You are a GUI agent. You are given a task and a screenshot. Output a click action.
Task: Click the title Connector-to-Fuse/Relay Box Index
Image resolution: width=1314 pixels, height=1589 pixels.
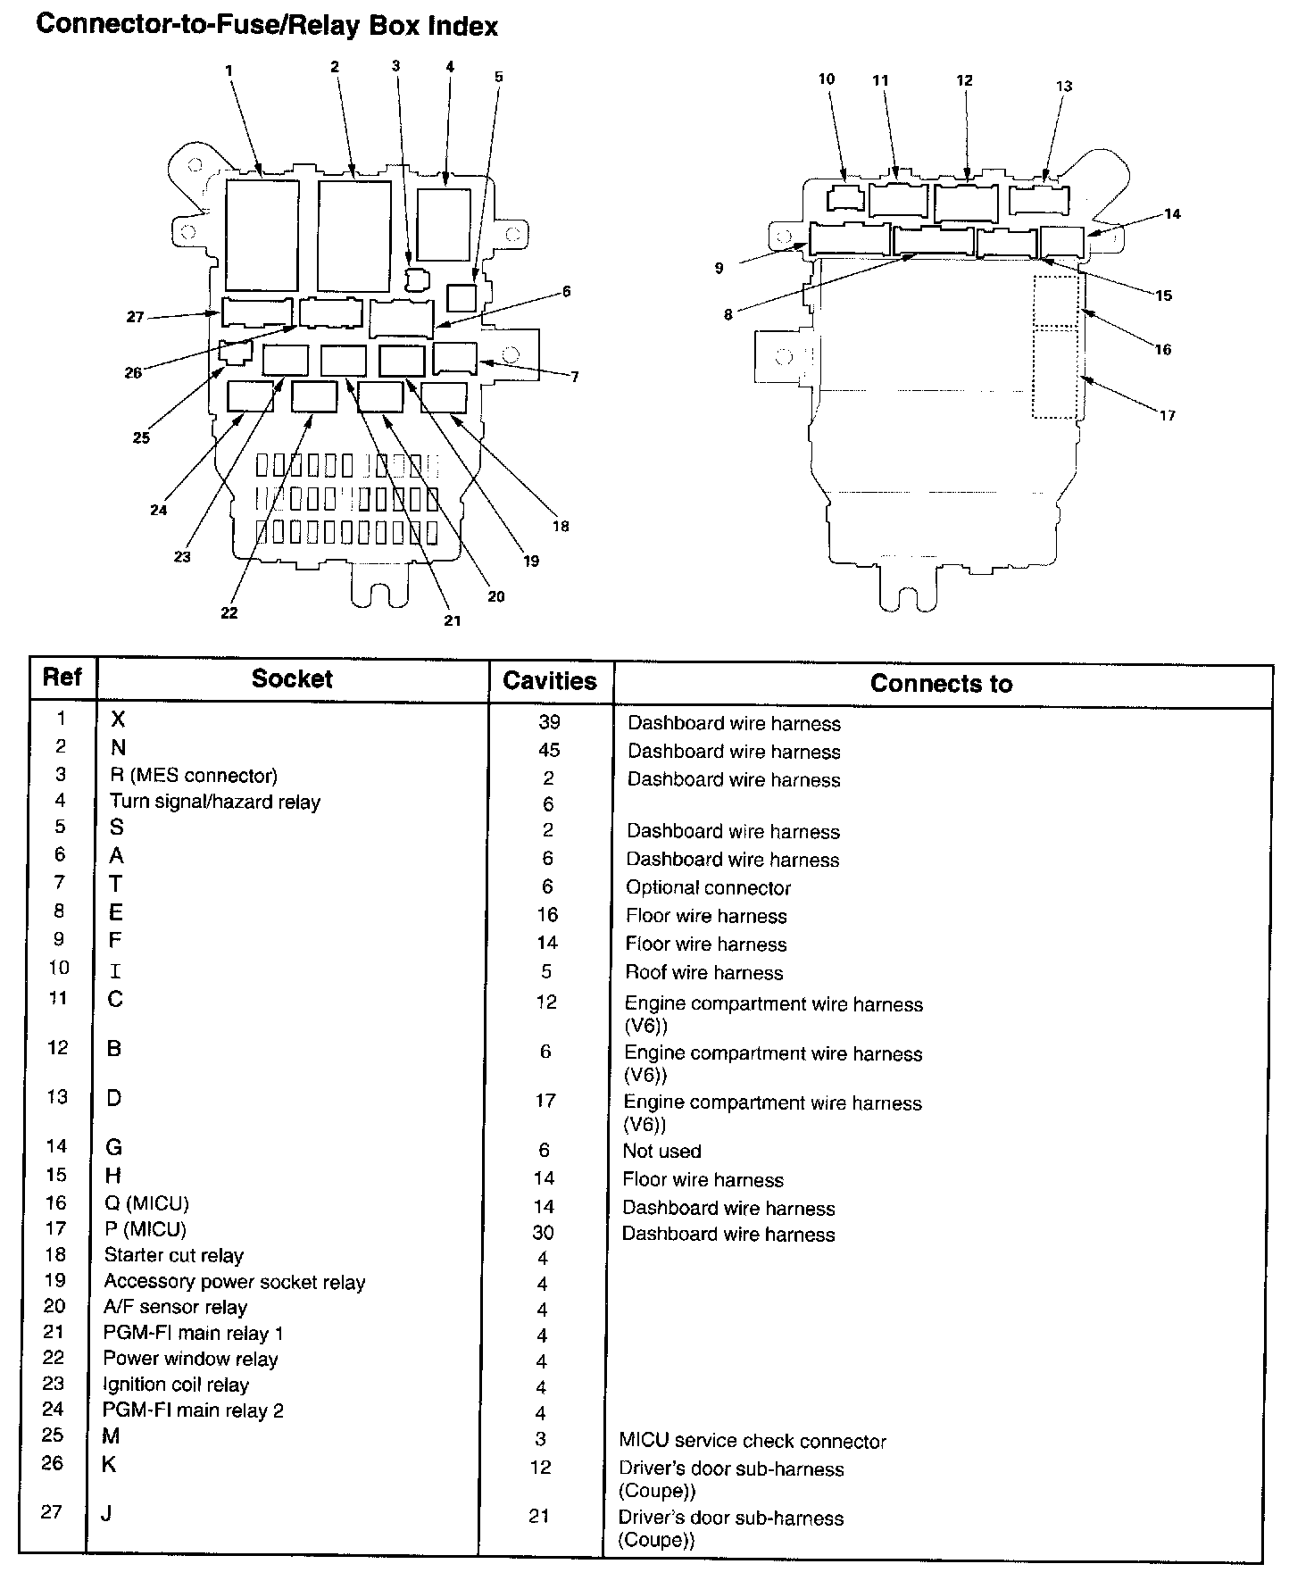(x=266, y=25)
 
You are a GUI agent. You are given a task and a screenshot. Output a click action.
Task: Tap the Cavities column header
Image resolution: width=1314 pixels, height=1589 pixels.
(x=549, y=681)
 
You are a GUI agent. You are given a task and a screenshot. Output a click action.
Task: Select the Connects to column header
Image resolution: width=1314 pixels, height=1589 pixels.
(x=941, y=684)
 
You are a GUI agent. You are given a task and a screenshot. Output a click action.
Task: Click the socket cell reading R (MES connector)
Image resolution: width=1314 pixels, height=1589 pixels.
(x=193, y=775)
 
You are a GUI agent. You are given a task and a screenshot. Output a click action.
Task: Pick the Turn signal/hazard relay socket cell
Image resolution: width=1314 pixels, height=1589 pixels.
(x=214, y=802)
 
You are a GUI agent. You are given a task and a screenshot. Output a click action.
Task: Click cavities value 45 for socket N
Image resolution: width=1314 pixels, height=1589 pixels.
(x=549, y=750)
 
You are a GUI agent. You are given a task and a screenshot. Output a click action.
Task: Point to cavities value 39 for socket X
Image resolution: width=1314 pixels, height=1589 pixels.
(x=549, y=722)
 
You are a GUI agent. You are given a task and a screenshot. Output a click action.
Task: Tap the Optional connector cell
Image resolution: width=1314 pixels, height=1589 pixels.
(x=708, y=888)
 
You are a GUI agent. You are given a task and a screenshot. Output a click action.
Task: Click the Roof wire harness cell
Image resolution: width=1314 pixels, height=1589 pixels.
(x=703, y=972)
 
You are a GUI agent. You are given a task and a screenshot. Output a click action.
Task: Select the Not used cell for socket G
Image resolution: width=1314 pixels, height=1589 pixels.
(x=661, y=1152)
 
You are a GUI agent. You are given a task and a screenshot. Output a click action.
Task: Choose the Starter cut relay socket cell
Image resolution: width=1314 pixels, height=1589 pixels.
(x=173, y=1256)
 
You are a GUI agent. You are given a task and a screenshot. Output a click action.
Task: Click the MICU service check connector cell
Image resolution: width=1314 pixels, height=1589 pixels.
(x=753, y=1442)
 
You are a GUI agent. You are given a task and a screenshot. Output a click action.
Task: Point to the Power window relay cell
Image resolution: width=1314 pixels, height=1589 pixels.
(x=190, y=1360)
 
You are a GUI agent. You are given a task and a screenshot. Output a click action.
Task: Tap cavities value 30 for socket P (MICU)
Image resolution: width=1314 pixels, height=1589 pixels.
(x=543, y=1234)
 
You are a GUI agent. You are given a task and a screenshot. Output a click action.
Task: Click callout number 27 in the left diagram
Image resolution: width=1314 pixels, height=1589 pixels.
(x=135, y=317)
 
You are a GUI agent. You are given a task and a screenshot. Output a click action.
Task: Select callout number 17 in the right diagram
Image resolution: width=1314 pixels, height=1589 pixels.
(x=1168, y=415)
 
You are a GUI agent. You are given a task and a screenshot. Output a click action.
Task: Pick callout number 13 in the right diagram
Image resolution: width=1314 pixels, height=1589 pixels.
(x=1064, y=87)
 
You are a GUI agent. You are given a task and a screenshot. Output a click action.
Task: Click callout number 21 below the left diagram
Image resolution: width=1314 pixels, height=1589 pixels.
(x=453, y=620)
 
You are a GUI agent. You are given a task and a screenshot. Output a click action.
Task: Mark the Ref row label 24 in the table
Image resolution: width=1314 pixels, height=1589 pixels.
(x=54, y=1410)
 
